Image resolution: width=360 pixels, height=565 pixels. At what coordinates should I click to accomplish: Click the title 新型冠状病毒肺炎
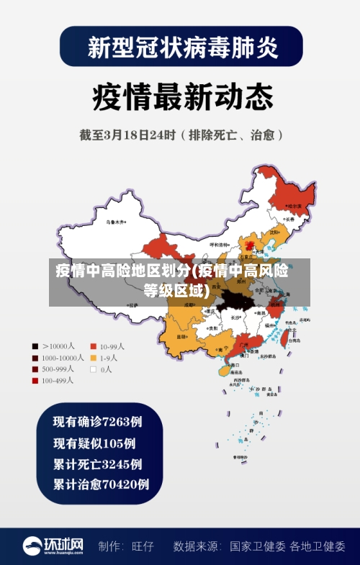tap(181, 47)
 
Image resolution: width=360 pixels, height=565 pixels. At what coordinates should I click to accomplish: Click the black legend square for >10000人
tap(35, 345)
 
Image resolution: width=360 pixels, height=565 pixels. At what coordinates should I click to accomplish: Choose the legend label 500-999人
tap(58, 369)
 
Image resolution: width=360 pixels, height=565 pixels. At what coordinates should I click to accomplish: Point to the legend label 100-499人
tap(58, 381)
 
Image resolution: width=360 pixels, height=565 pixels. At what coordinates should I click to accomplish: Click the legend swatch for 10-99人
tap(93, 345)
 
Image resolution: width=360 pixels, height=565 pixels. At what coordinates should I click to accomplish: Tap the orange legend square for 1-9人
tap(93, 358)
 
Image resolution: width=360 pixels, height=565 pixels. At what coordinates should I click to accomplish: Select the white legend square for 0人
tap(93, 369)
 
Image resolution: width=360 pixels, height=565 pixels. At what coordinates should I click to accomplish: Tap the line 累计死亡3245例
tap(97, 464)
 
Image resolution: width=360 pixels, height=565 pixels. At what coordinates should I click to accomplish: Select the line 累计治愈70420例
tap(101, 484)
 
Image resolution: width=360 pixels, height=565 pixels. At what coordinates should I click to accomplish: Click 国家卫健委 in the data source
tap(258, 546)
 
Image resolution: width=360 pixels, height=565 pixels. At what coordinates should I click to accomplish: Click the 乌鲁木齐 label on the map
tap(114, 222)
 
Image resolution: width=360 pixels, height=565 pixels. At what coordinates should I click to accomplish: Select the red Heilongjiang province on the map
tap(292, 194)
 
